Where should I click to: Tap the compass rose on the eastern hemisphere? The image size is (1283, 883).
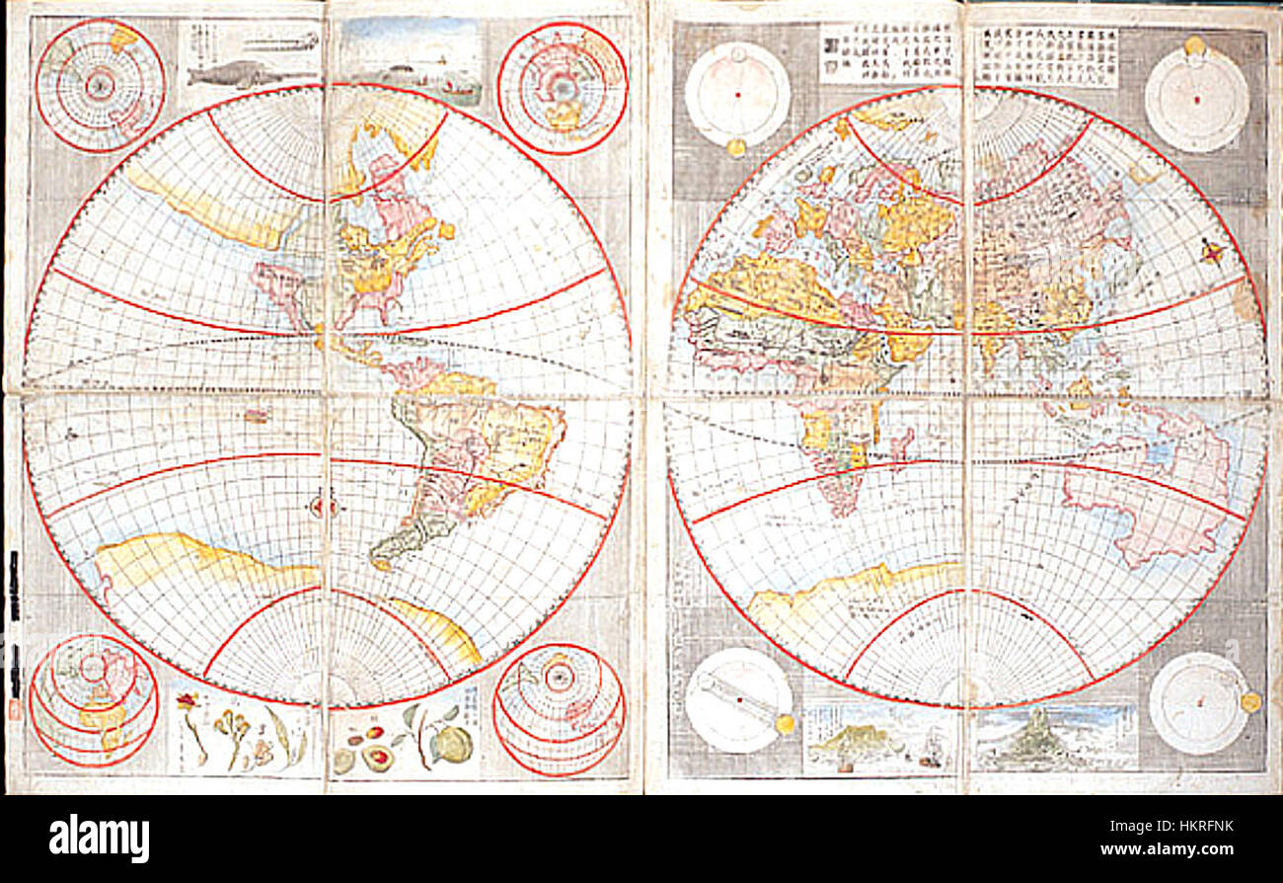coord(1212,252)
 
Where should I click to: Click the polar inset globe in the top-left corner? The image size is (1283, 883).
coord(100,85)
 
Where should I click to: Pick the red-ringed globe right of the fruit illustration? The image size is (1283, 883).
coord(559,709)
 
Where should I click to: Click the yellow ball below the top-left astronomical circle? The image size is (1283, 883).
coord(735,147)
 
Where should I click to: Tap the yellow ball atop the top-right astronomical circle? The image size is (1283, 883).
coord(1195,44)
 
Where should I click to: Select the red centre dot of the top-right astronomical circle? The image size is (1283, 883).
coord(1196,99)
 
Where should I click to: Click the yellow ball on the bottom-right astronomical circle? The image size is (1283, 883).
coord(1249,701)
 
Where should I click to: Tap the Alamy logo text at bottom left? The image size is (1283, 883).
coord(99,839)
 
